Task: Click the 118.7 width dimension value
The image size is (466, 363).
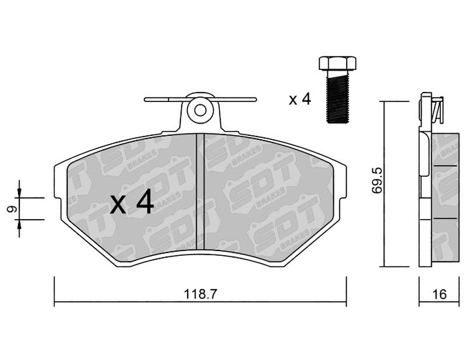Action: (200, 294)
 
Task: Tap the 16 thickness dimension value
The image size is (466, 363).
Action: (440, 294)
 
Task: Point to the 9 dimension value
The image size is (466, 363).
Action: (11, 209)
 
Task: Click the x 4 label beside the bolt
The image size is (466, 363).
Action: (299, 99)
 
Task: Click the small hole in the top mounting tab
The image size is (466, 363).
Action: (200, 111)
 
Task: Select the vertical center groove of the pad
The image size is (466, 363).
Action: (200, 192)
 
